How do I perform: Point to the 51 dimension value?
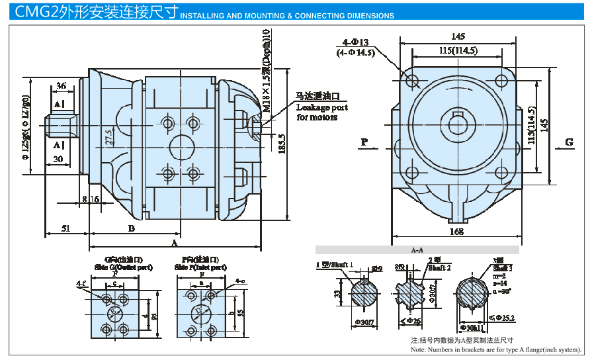65,228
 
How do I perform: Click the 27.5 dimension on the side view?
108,137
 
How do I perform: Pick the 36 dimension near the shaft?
61,86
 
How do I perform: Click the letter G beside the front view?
569,142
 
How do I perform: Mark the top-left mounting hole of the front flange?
414,82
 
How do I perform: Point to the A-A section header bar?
417,250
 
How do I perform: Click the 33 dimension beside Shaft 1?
337,294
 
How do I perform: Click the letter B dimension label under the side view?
132,228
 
